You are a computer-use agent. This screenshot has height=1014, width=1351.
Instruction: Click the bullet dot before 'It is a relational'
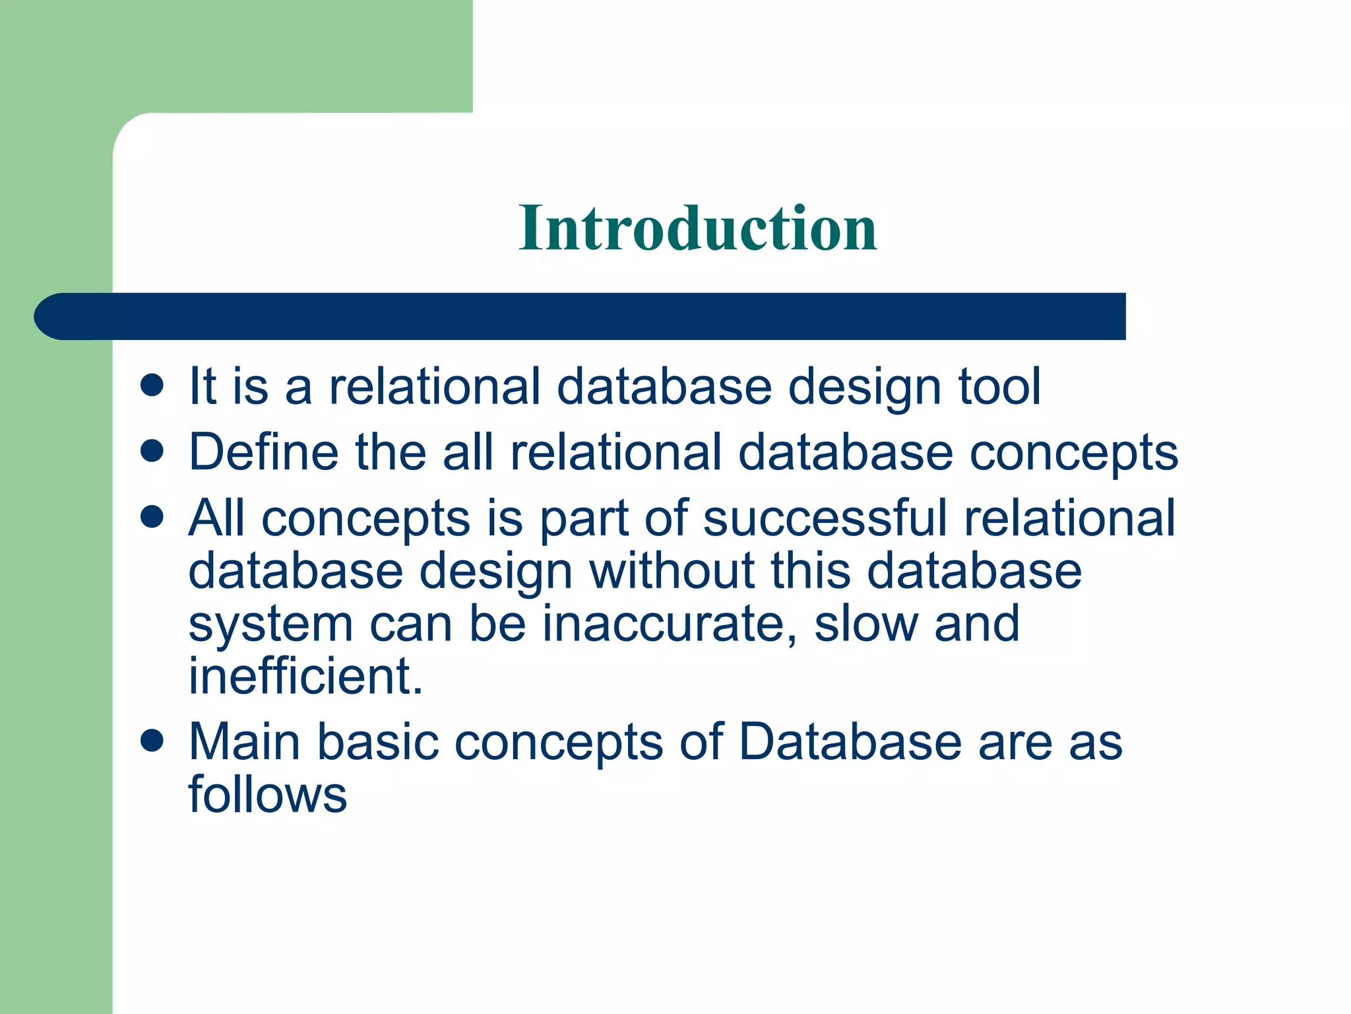pyautogui.click(x=152, y=386)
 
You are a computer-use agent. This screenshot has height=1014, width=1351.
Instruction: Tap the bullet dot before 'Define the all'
pyautogui.click(x=152, y=452)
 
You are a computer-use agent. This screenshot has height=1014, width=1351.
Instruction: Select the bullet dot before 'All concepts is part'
pyautogui.click(x=152, y=517)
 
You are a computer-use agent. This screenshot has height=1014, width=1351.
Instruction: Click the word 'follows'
pyautogui.click(x=267, y=794)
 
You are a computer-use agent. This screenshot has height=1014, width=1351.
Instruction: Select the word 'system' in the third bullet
pyautogui.click(x=270, y=626)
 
